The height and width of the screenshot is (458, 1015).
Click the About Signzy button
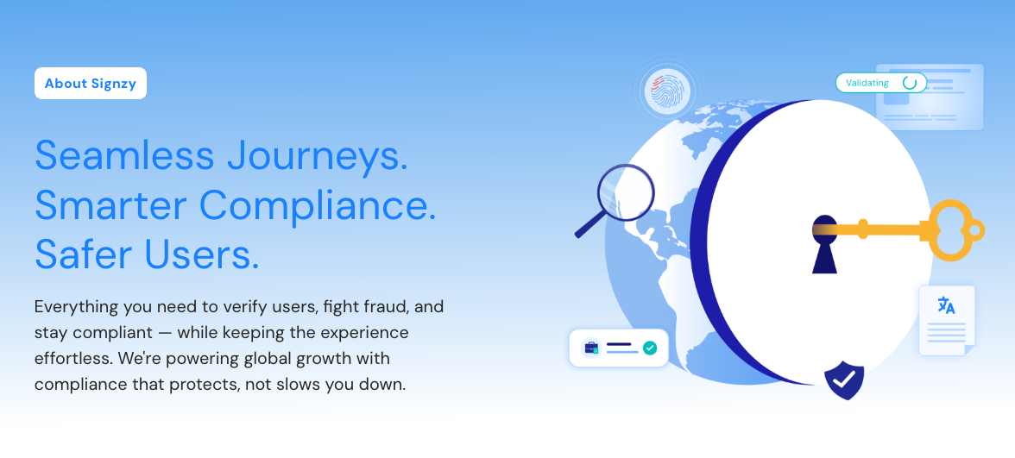point(91,84)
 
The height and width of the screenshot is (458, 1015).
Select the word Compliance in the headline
point(318,204)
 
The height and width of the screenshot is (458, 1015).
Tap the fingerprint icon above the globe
point(668,91)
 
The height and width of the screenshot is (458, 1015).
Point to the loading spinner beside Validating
point(910,83)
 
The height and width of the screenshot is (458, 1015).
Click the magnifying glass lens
point(626,191)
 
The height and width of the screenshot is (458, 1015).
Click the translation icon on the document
point(946,305)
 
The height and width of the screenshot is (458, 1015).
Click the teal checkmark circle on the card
point(650,348)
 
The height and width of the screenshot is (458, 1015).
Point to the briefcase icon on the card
point(591,348)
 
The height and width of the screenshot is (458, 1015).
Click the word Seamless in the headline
point(124,155)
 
